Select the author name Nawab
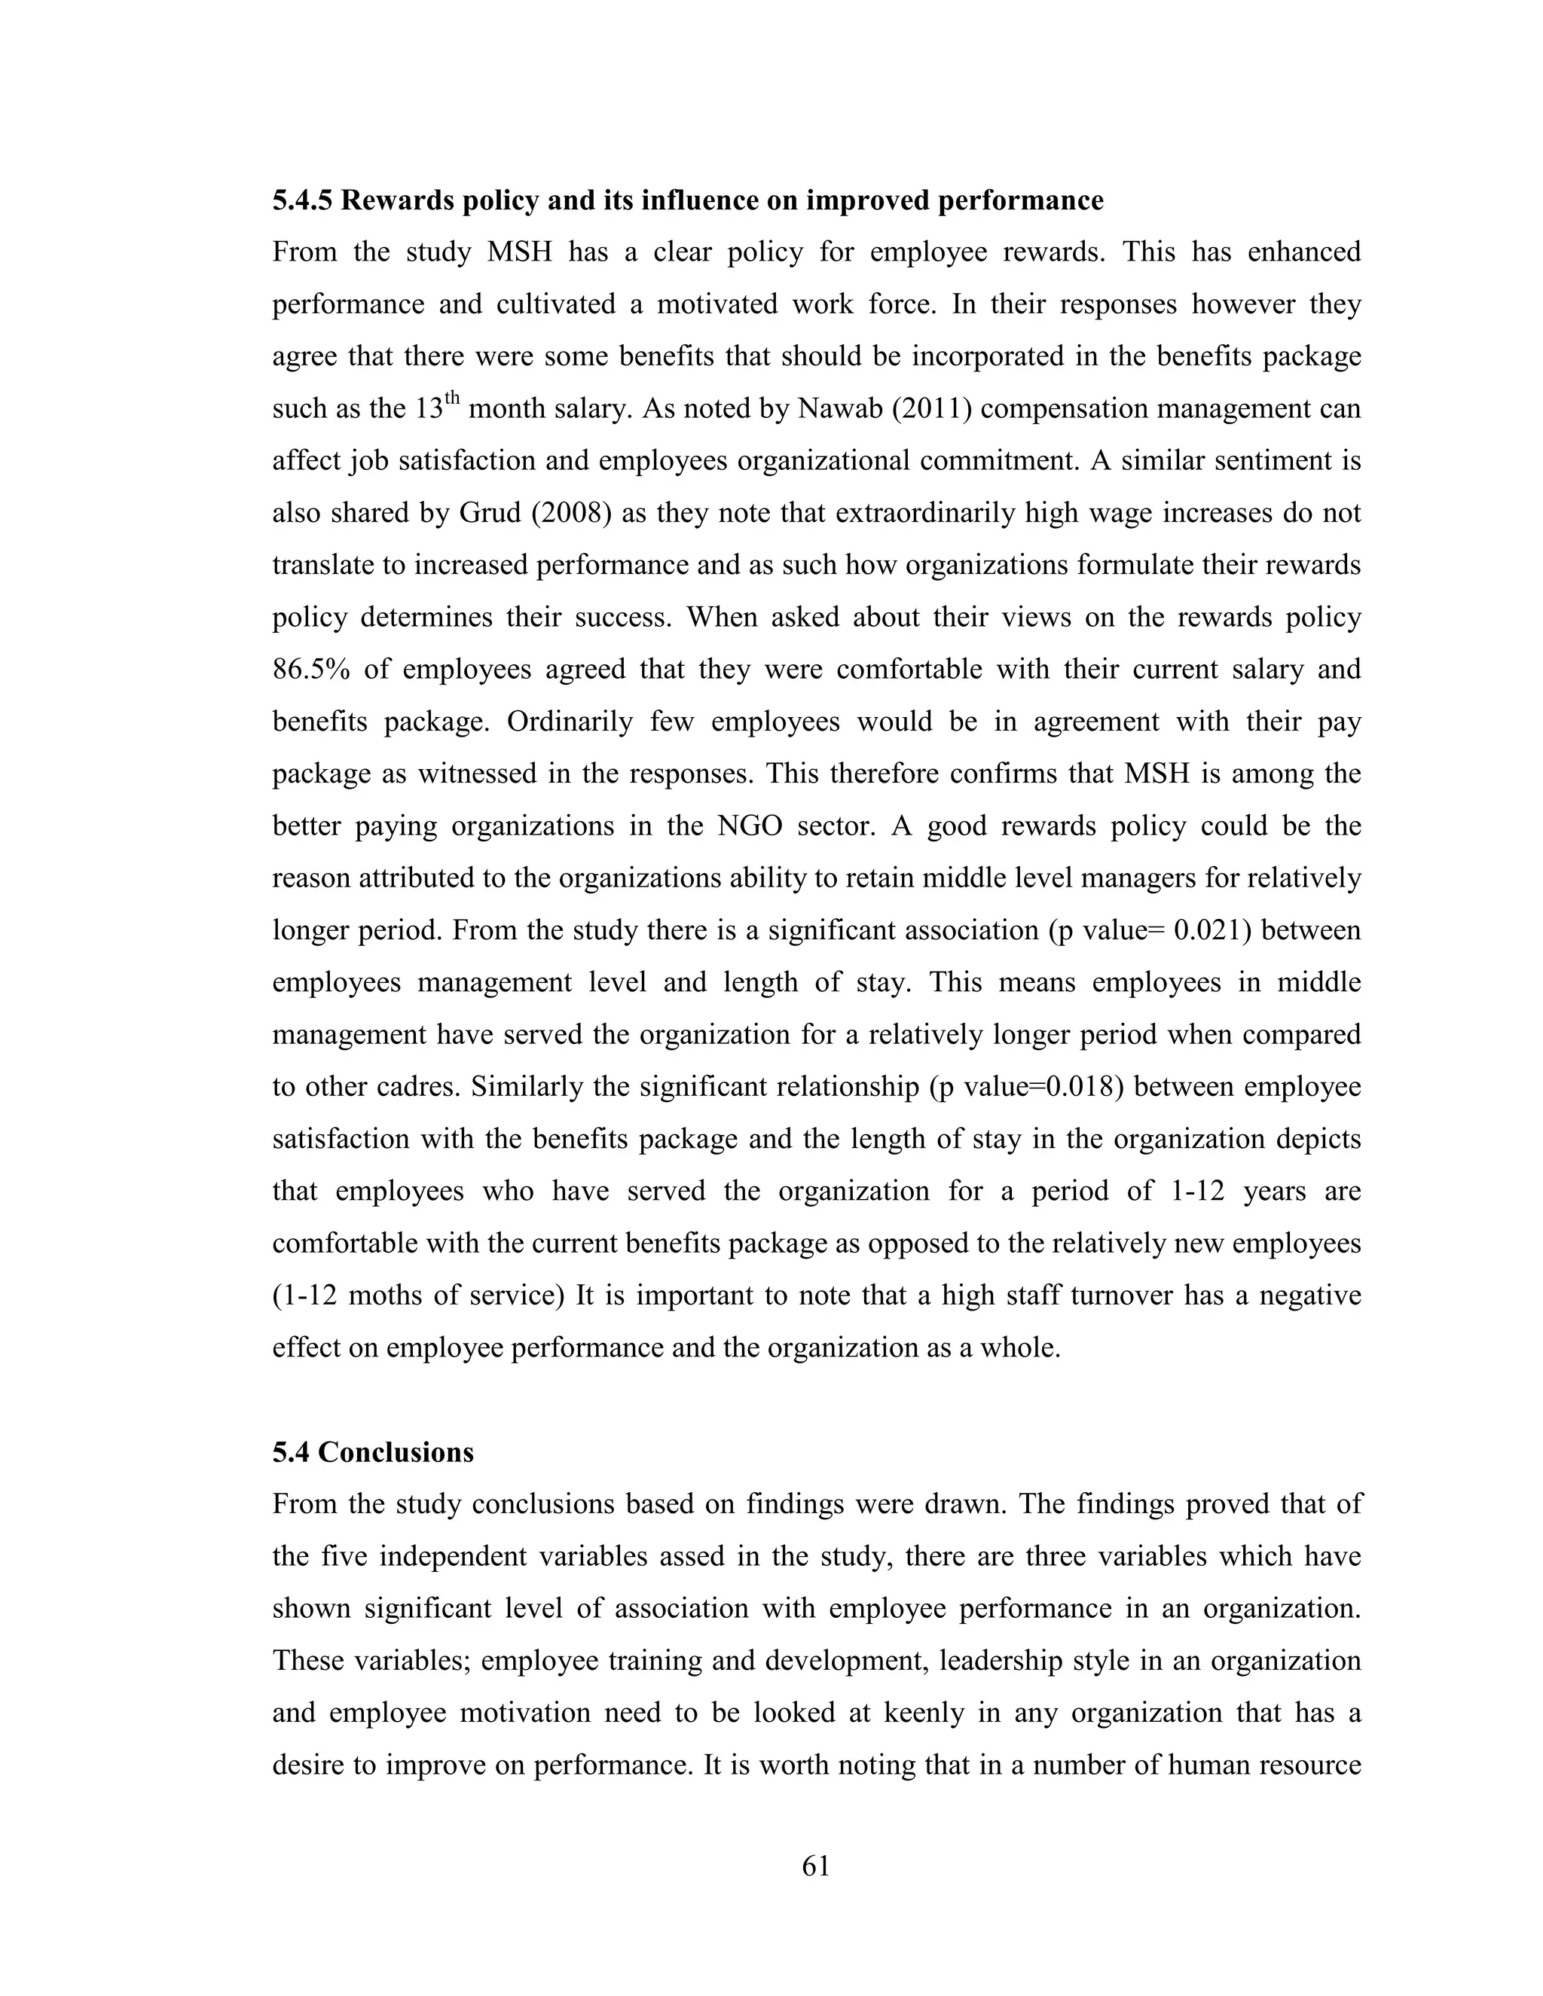(835, 408)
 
